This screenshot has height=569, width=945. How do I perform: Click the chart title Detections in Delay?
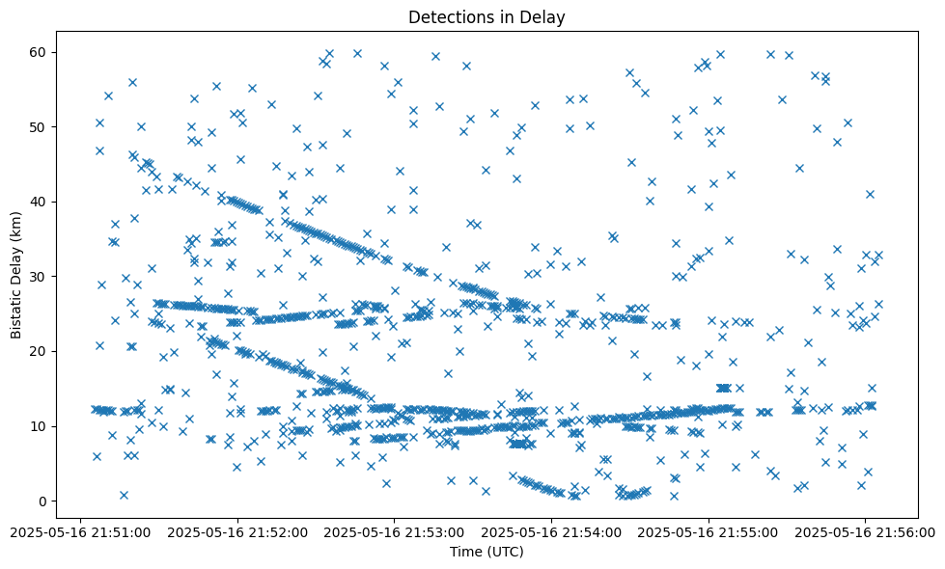point(486,17)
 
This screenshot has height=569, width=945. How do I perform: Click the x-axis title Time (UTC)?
point(486,552)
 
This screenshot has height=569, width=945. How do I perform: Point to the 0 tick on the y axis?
point(42,501)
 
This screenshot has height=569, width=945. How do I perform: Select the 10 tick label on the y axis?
point(39,426)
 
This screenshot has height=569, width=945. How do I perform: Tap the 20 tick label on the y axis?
point(39,351)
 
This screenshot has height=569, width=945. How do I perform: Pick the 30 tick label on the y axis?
point(39,277)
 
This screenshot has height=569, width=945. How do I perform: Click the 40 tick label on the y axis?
point(39,202)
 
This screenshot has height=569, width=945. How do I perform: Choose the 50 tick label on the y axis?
point(39,127)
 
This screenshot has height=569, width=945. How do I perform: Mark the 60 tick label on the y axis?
point(39,52)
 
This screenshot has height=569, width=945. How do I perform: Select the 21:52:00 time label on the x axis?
point(236,531)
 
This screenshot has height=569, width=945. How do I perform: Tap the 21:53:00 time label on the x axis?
point(394,531)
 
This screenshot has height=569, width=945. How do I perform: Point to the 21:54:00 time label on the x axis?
point(551,531)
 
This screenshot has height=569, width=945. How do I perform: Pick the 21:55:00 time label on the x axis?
point(709,531)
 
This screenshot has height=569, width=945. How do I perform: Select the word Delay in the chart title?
point(544,17)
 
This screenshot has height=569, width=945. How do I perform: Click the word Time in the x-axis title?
point(465,552)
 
